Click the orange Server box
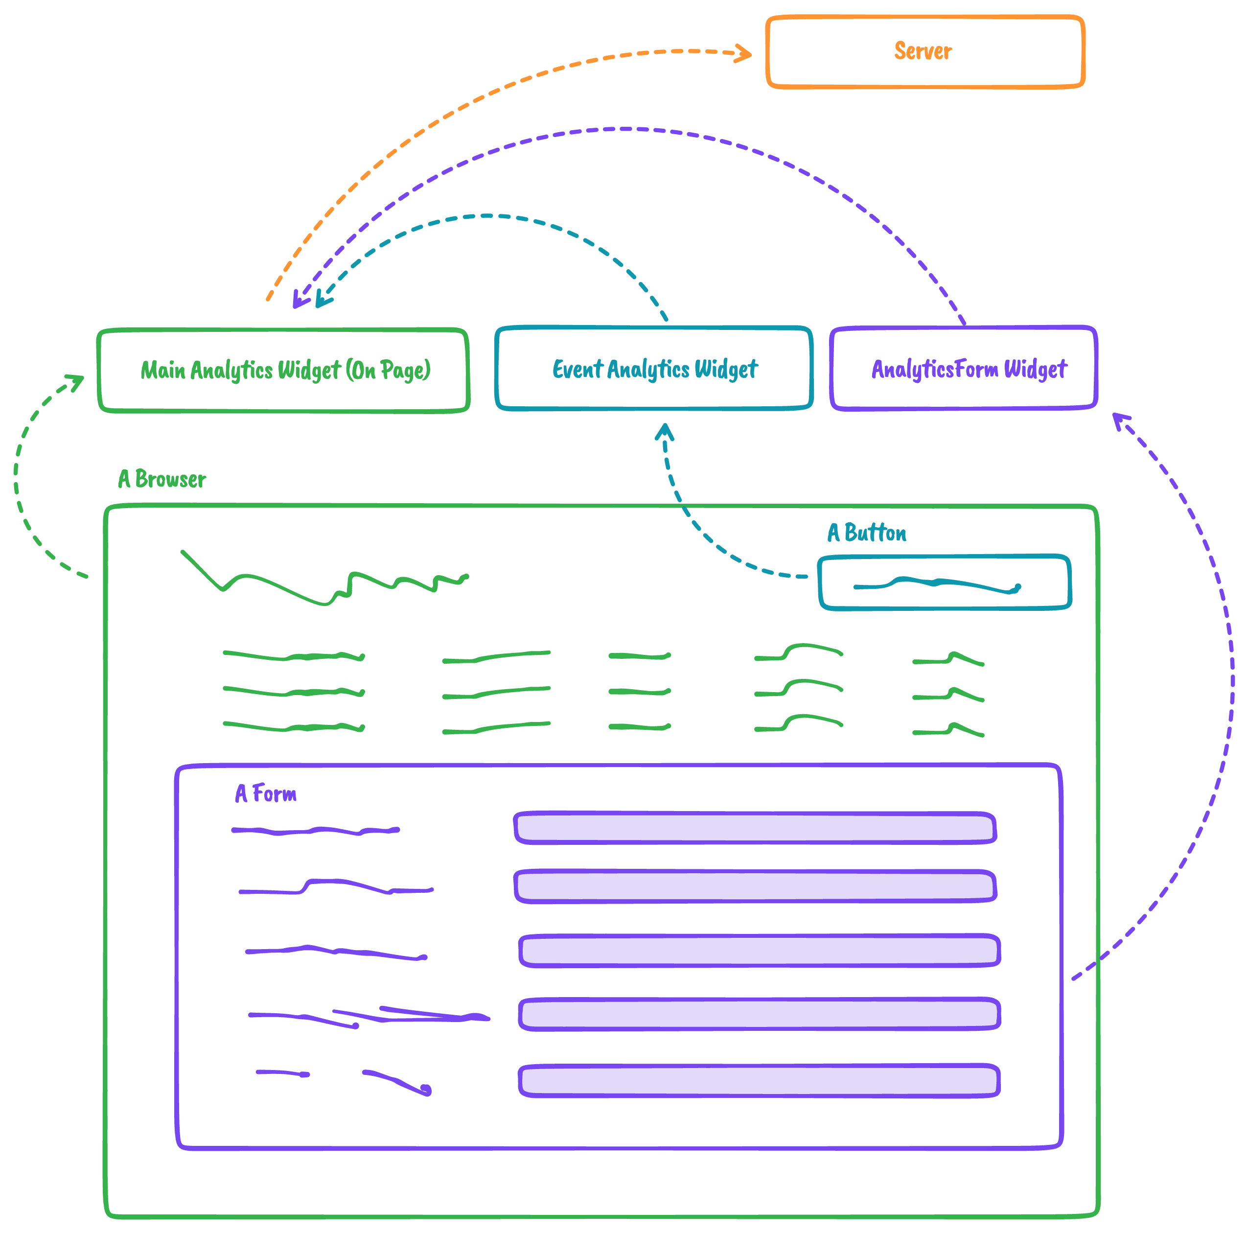[x=924, y=52]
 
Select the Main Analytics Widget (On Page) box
[x=283, y=370]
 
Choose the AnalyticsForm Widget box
[x=963, y=368]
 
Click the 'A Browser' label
[x=162, y=479]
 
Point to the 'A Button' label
[x=866, y=533]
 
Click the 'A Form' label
[x=265, y=793]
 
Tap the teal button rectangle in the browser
[x=945, y=582]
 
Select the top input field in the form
[x=755, y=828]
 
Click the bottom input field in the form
[x=759, y=1081]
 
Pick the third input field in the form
[x=759, y=951]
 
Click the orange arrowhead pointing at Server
[x=745, y=53]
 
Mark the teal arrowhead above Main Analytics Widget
[x=323, y=299]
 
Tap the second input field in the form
[x=755, y=886]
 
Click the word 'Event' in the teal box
[x=577, y=369]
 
